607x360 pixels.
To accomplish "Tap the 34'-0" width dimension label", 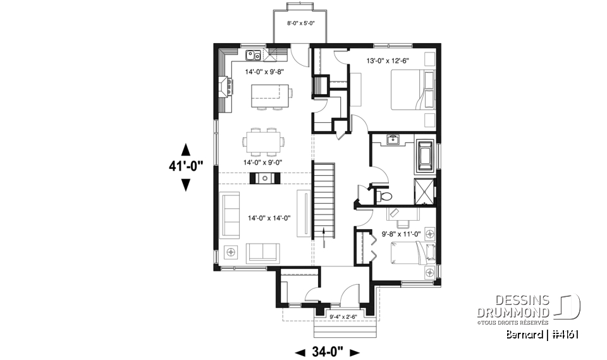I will [x=328, y=351].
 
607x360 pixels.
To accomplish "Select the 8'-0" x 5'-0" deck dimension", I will [x=297, y=23].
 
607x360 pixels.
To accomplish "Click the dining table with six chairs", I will [x=264, y=141].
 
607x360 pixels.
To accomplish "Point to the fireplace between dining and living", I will [x=264, y=178].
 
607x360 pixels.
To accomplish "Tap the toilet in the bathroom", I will [x=384, y=197].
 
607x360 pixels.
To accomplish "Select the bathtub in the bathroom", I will [x=423, y=156].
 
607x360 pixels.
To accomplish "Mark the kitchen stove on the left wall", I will [x=224, y=87].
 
